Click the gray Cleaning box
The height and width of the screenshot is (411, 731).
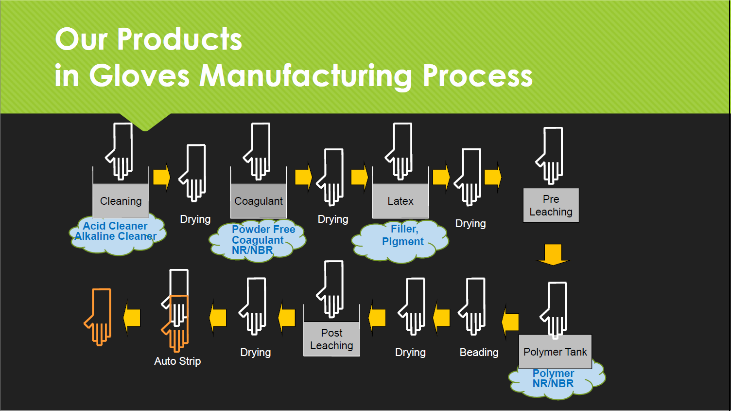(121, 201)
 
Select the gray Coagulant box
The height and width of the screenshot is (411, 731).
(259, 201)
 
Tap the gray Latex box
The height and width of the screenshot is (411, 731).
(400, 201)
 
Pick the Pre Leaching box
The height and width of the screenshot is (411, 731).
(551, 205)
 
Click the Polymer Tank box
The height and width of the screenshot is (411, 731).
(555, 352)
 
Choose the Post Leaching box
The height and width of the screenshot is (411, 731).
(331, 339)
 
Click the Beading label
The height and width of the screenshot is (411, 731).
(479, 352)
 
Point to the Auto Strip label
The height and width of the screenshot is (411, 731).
(177, 361)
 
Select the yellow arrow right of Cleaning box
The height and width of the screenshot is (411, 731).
(161, 177)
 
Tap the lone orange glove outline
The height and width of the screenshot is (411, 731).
(99, 316)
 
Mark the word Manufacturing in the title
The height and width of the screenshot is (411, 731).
(306, 76)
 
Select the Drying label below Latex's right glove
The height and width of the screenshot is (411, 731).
(470, 223)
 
